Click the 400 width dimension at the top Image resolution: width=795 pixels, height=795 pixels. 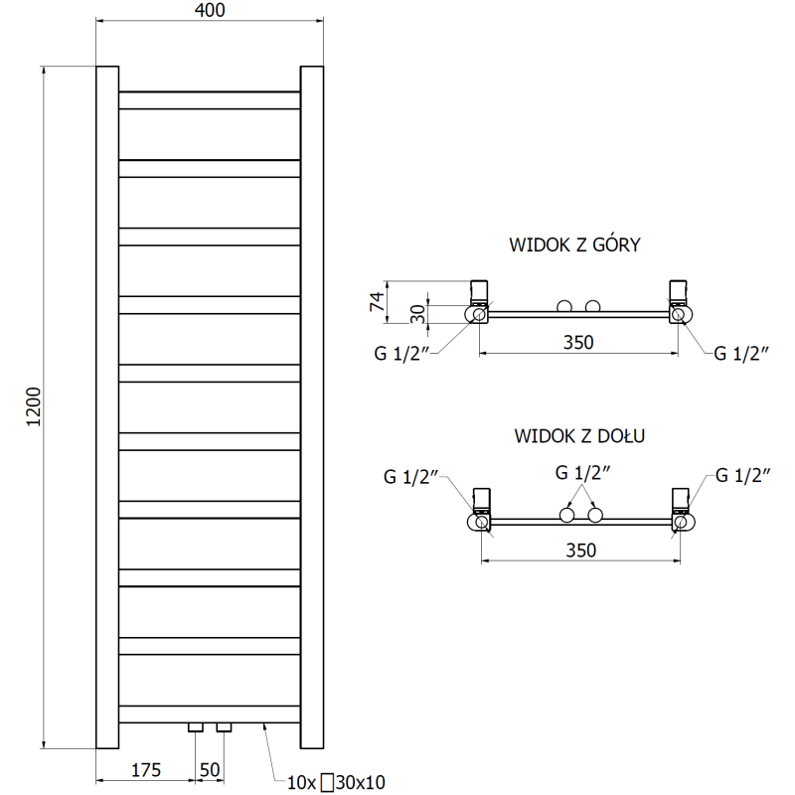click(211, 11)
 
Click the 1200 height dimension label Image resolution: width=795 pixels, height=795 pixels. click(34, 406)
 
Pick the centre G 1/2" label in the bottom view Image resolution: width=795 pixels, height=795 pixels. click(580, 473)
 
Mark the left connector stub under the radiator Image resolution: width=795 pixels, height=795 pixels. click(195, 727)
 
